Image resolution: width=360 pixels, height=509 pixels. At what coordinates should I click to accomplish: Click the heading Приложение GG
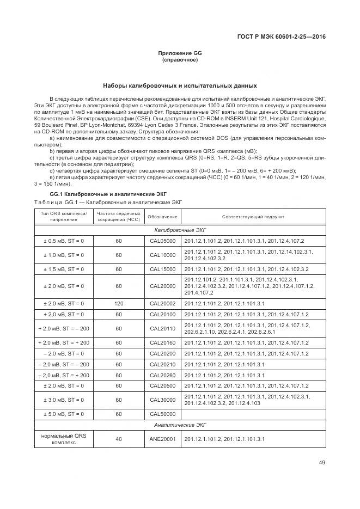click(180, 53)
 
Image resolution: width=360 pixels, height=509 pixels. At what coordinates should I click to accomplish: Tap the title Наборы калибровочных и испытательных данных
click(180, 86)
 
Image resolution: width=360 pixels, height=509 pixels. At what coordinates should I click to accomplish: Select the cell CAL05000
click(163, 241)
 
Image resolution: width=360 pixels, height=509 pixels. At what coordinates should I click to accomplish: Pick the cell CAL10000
click(163, 255)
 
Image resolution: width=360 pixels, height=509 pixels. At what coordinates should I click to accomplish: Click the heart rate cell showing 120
click(118, 303)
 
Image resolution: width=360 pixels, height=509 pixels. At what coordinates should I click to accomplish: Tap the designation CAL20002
click(163, 303)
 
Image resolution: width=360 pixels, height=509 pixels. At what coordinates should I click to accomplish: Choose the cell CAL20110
click(163, 328)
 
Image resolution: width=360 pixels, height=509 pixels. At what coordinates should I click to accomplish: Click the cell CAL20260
click(163, 376)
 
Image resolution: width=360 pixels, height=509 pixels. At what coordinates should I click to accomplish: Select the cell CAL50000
click(163, 414)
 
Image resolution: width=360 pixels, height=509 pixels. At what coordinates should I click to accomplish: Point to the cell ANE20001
click(163, 439)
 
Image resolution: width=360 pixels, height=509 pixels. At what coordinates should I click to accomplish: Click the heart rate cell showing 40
click(118, 439)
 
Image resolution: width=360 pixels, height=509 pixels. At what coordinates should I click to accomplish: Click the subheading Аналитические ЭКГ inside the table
click(180, 425)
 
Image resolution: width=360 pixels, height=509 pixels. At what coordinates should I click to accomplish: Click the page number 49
click(322, 463)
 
